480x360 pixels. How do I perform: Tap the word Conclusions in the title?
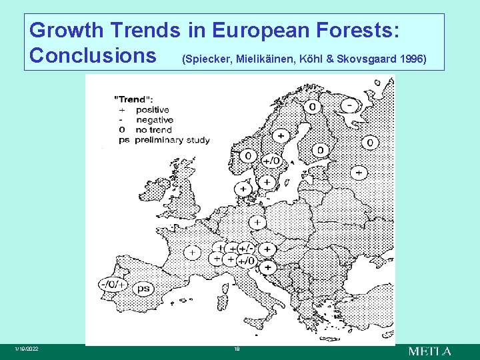93,55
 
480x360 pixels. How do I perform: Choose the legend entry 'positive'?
152,110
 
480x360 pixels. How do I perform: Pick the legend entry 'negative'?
154,120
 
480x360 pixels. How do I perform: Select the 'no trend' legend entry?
153,130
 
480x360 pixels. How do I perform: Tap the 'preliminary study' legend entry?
172,140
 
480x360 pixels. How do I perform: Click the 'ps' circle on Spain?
143,289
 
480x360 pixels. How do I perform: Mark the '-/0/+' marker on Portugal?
112,284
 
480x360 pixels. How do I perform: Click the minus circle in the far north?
349,105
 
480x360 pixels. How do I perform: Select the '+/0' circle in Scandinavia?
271,161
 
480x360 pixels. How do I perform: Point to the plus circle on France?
192,253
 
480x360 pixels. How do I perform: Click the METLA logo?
429,351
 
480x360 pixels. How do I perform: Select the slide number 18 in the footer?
236,349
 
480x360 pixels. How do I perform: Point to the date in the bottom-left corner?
29,350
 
